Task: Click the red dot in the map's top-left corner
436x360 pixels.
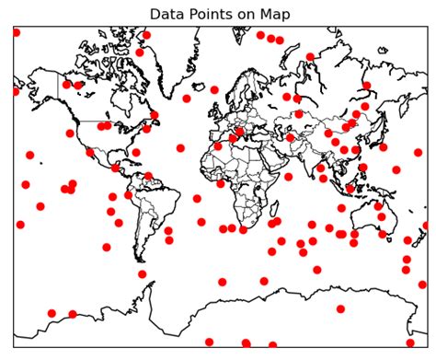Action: [x=16, y=32]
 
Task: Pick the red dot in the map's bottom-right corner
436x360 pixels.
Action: [x=410, y=343]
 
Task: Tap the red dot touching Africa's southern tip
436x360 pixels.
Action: [x=243, y=229]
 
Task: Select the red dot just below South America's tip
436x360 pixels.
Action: [x=142, y=273]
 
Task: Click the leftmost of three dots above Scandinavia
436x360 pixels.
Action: [x=260, y=35]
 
